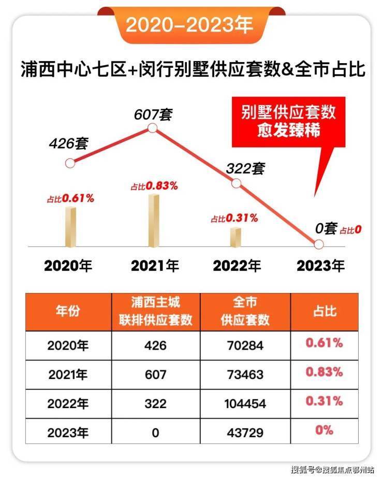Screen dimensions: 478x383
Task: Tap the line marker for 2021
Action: [x=152, y=128]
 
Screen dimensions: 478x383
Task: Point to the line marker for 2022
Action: [x=236, y=183]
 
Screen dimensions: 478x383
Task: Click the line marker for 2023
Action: [x=319, y=244]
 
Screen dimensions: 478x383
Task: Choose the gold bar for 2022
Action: [x=236, y=236]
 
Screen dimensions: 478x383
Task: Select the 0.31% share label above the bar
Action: [x=234, y=219]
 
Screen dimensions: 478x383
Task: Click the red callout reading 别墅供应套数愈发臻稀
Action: [x=288, y=121]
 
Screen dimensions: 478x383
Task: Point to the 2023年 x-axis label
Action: [x=320, y=266]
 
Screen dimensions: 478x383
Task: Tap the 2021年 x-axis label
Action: [x=155, y=266]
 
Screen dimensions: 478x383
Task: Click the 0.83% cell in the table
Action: [x=325, y=373]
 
